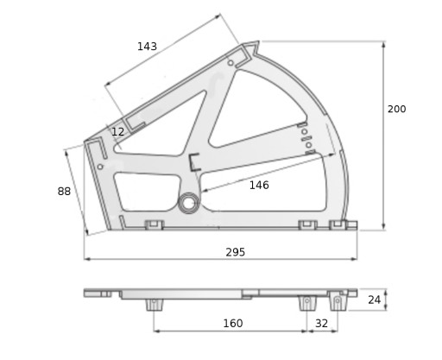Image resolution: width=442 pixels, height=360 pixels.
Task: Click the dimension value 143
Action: coord(147,47)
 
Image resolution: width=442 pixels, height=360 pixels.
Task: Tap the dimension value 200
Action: coord(396,109)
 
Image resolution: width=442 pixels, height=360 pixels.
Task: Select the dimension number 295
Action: coord(236,252)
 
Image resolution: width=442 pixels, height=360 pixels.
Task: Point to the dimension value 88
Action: coord(64,191)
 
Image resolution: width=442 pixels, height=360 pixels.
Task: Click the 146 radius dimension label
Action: coord(259,185)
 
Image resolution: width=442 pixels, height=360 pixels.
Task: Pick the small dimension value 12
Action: coord(117,132)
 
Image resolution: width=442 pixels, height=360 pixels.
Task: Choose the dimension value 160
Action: coord(233,324)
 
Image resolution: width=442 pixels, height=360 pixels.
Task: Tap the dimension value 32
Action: coord(321,324)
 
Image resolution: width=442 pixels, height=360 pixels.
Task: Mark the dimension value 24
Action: coord(375,300)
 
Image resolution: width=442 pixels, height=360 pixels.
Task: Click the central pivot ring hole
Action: coord(188,203)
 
